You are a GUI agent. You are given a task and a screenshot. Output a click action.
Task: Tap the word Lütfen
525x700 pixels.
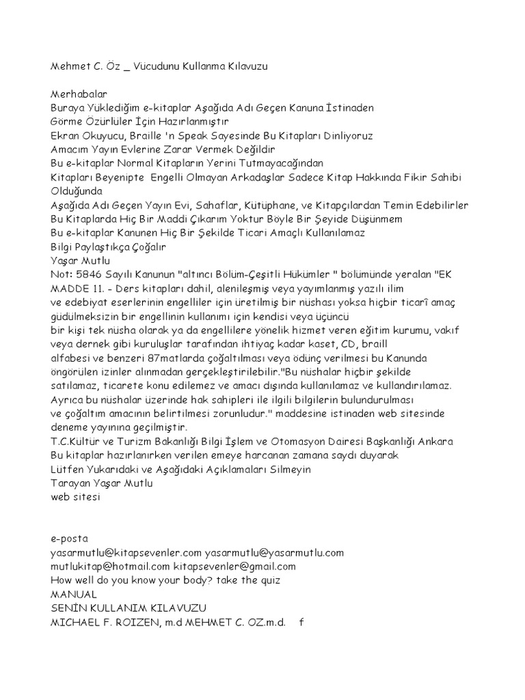tap(67, 469)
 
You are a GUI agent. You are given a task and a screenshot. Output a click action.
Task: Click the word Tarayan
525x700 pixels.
tap(70, 483)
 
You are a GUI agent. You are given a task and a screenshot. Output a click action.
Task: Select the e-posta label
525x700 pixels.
tap(70, 539)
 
